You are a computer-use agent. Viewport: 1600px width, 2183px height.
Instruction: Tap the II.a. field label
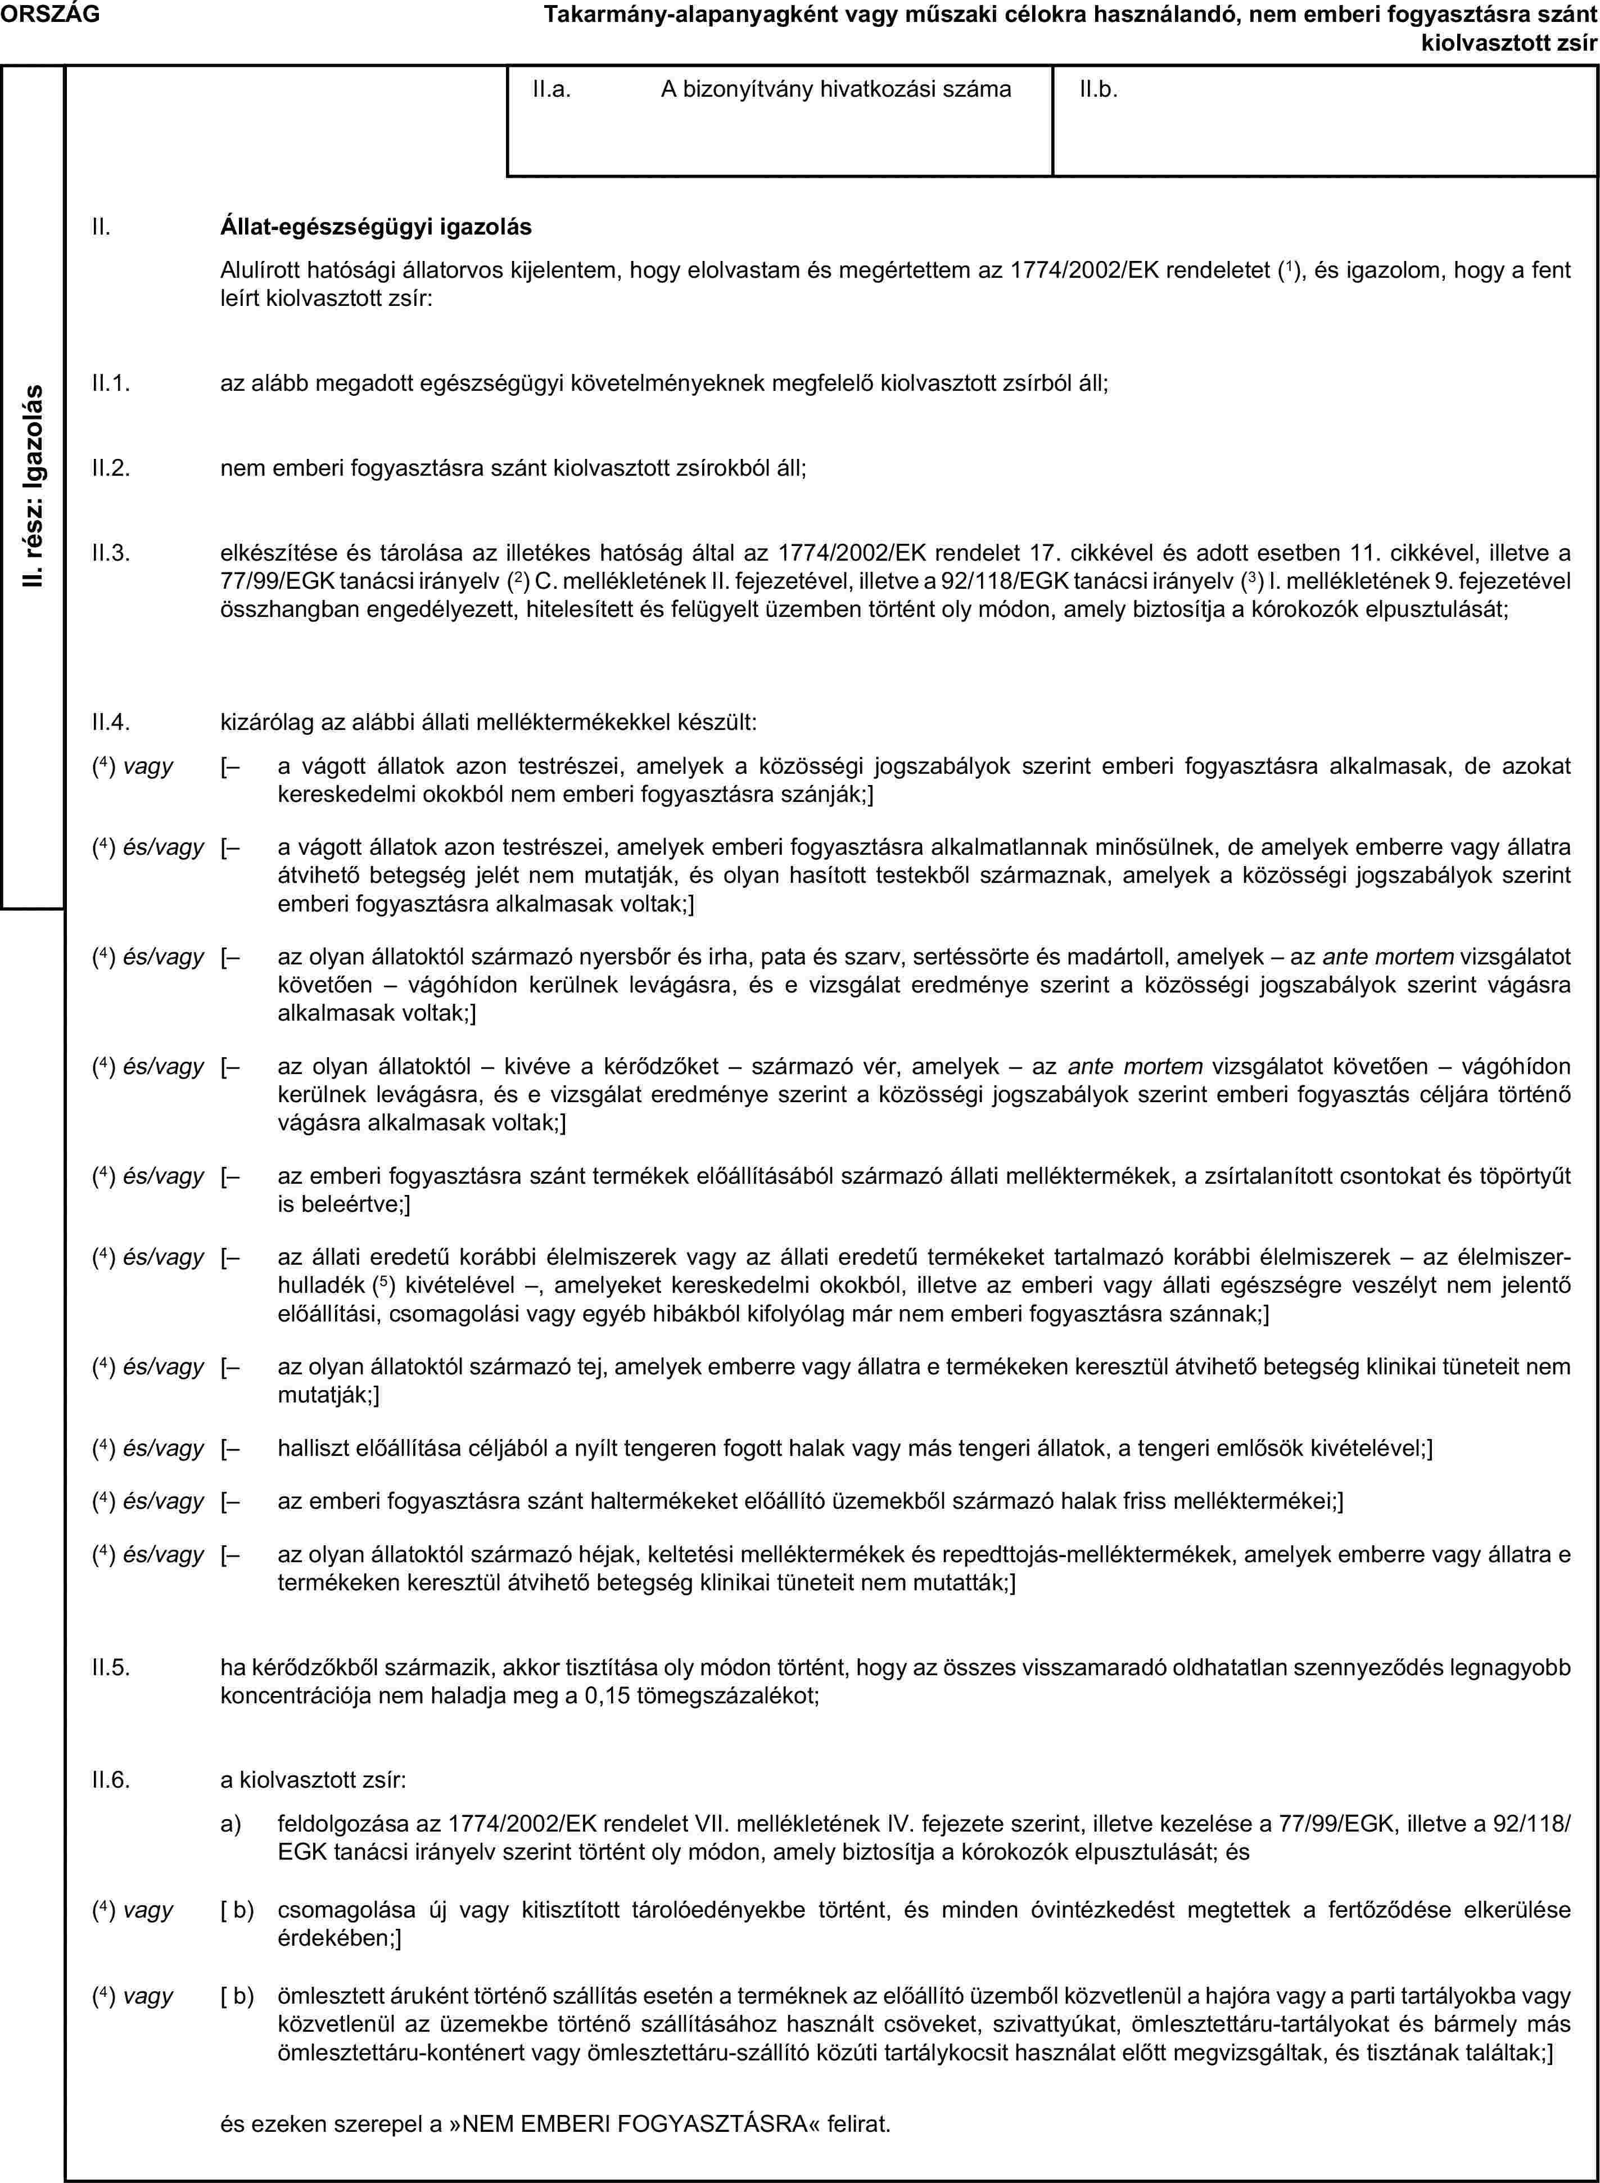(551, 90)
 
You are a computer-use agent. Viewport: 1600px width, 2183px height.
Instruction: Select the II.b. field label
(1099, 90)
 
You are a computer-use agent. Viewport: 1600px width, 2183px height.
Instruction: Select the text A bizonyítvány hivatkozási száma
(836, 90)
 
